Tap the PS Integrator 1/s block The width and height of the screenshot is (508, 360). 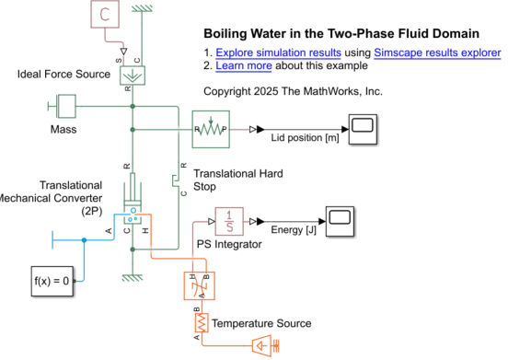[229, 221]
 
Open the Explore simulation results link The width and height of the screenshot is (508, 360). [278, 52]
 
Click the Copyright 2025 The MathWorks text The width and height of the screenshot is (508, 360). [292, 92]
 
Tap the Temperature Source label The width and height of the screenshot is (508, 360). [261, 323]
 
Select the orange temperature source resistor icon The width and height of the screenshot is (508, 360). [199, 323]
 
